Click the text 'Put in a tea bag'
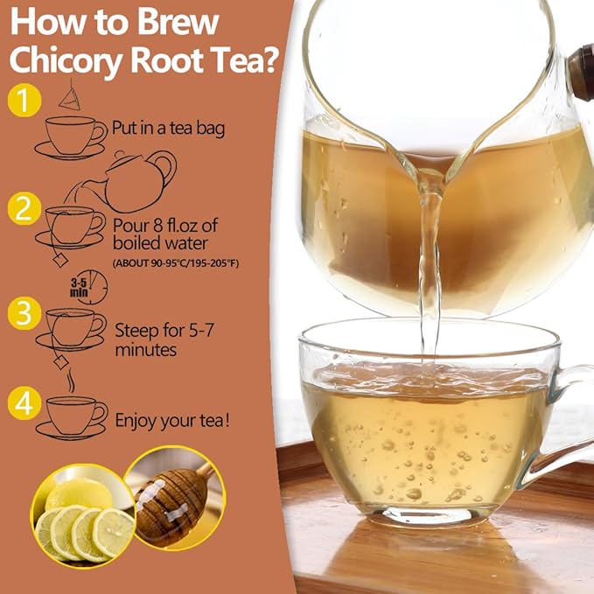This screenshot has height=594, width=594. point(169,128)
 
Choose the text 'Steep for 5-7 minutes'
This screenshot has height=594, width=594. point(158,339)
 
